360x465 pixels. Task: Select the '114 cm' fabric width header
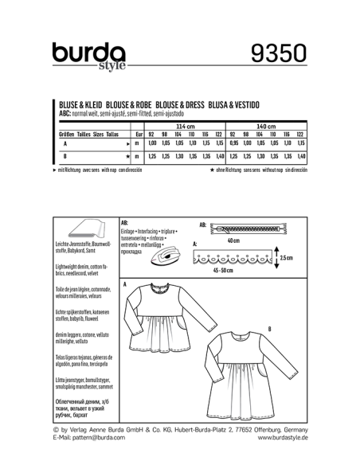tap(185, 127)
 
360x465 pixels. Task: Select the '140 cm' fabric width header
tap(265, 127)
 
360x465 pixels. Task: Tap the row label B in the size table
tap(61, 157)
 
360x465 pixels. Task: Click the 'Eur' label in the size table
tap(139, 135)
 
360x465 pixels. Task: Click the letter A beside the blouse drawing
tap(125, 284)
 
